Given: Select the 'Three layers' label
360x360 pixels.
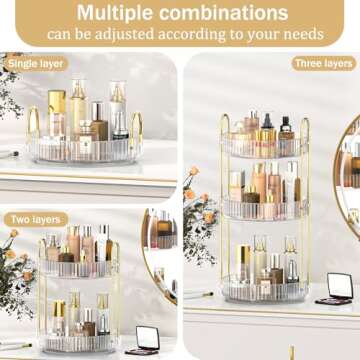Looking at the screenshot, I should tap(324, 63).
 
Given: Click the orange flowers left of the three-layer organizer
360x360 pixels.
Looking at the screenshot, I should tap(196, 185).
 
